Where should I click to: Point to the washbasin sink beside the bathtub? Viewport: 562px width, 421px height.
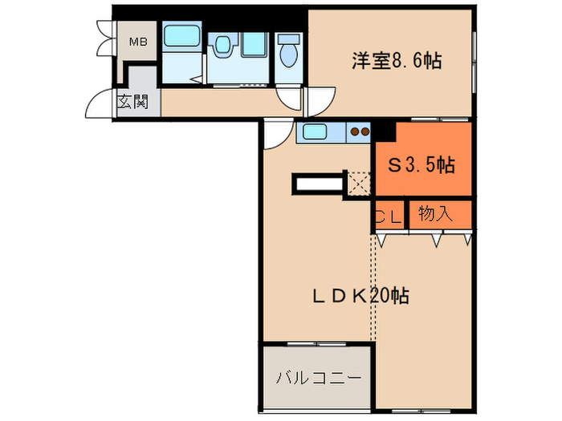[x=222, y=47]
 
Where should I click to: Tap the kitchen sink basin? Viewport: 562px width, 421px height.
[x=313, y=132]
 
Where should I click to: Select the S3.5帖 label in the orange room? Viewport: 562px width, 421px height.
[x=421, y=166]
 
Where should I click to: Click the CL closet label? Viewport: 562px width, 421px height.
[x=389, y=215]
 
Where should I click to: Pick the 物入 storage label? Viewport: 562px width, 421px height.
[x=437, y=213]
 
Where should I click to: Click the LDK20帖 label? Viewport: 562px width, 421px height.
[x=360, y=295]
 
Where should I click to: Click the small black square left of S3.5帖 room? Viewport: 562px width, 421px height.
[x=384, y=128]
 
